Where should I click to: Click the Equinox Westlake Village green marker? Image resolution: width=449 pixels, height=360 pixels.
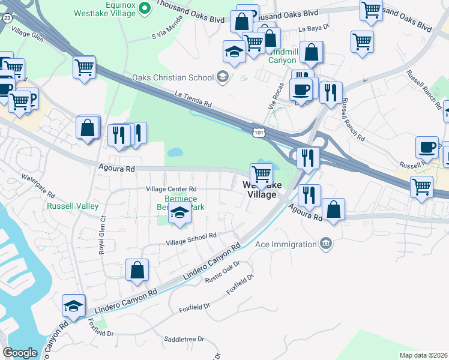pyautogui.click(x=144, y=8)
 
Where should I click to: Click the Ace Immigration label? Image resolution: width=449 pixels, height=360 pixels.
pyautogui.click(x=286, y=244)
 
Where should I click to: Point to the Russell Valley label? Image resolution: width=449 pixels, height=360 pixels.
pyautogui.click(x=73, y=206)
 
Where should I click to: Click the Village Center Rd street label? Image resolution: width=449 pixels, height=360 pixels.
pyautogui.click(x=172, y=188)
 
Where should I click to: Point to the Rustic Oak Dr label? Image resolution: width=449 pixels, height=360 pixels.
pyautogui.click(x=223, y=272)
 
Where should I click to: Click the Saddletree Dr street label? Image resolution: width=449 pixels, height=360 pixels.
pyautogui.click(x=184, y=339)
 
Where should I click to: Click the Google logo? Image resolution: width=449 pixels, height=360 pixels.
pyautogui.click(x=20, y=353)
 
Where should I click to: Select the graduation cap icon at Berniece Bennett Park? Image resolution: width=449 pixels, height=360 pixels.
pyautogui.click(x=179, y=212)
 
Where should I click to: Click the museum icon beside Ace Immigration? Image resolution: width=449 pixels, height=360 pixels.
pyautogui.click(x=325, y=244)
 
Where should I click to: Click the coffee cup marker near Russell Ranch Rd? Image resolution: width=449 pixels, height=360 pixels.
pyautogui.click(x=427, y=147)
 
